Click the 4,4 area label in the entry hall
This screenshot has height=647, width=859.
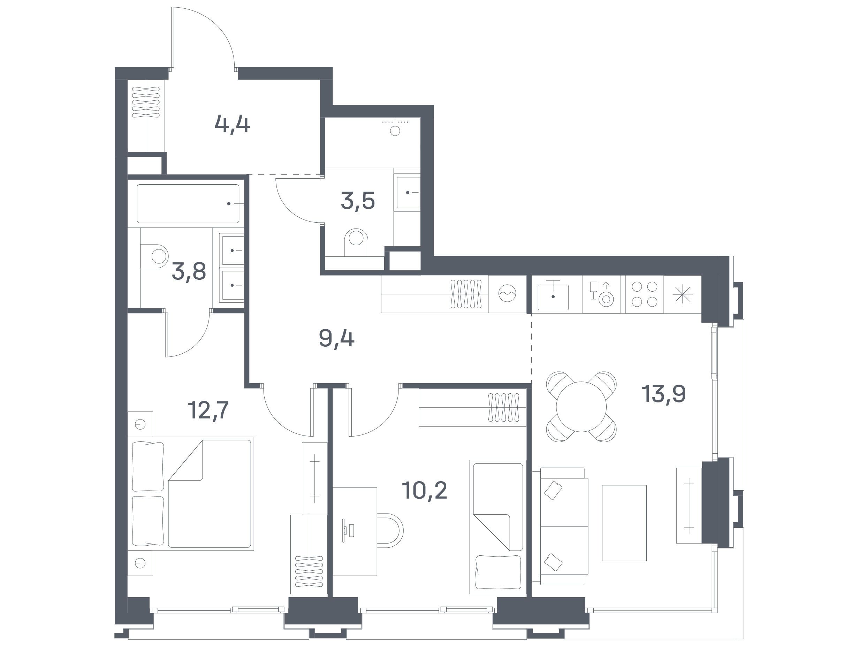(232, 125)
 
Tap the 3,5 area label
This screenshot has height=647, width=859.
(358, 201)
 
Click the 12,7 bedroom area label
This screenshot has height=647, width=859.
(208, 410)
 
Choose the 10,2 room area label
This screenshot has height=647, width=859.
(425, 490)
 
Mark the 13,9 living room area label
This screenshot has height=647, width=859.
(664, 394)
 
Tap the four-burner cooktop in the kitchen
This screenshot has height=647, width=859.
(644, 294)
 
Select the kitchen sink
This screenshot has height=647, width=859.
(553, 296)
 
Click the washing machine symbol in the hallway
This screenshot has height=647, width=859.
(507, 294)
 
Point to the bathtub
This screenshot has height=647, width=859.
(188, 204)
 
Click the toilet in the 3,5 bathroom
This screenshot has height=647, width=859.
(356, 242)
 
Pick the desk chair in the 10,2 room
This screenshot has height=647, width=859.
(390, 531)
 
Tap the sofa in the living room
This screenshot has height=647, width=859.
(560, 526)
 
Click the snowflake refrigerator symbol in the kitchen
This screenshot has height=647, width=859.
(682, 294)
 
